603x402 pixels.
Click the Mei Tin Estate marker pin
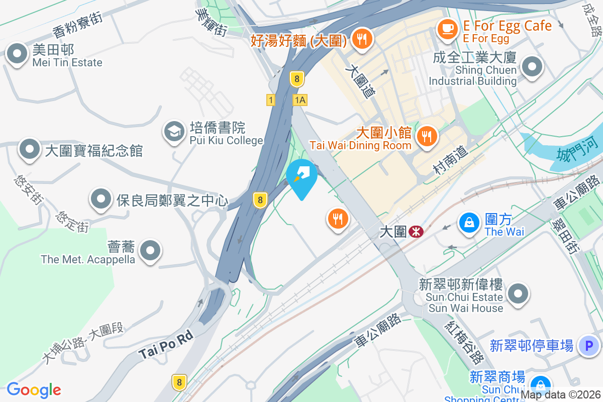pyautogui.click(x=17, y=54)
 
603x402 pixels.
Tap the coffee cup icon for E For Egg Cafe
pyautogui.click(x=446, y=29)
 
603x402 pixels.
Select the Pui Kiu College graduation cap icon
pyautogui.click(x=174, y=132)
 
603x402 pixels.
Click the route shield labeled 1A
pyautogui.click(x=300, y=100)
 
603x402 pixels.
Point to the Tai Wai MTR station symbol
pyautogui.click(x=416, y=232)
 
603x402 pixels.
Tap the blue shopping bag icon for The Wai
pyautogui.click(x=469, y=223)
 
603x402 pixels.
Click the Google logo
pyautogui.click(x=34, y=389)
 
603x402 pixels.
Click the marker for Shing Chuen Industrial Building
pyautogui.click(x=532, y=67)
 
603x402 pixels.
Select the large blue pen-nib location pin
pyautogui.click(x=302, y=176)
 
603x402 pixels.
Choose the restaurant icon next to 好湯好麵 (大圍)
pyautogui.click(x=361, y=39)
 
